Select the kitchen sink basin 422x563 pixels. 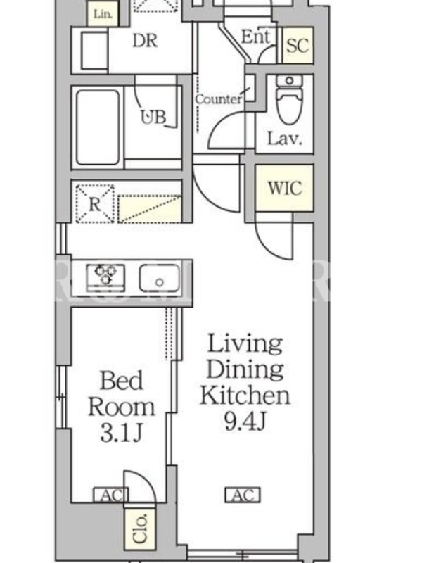(x=160, y=277)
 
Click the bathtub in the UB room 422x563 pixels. (x=98, y=127)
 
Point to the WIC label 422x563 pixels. (x=285, y=187)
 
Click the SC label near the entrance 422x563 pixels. (x=298, y=45)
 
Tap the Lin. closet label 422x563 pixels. (x=103, y=14)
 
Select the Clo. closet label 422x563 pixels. (x=140, y=529)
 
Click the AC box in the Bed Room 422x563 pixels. (x=110, y=495)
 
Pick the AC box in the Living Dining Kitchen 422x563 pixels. (x=243, y=495)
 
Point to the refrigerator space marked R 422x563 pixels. (x=95, y=204)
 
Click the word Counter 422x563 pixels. (x=218, y=99)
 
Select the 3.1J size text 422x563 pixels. (x=121, y=433)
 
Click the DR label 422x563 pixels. (x=145, y=41)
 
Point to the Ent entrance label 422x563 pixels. (x=255, y=37)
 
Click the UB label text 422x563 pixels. (x=153, y=117)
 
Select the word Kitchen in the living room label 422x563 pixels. (x=245, y=395)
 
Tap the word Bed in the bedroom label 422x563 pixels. (x=121, y=380)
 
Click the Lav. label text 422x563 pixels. (x=285, y=139)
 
